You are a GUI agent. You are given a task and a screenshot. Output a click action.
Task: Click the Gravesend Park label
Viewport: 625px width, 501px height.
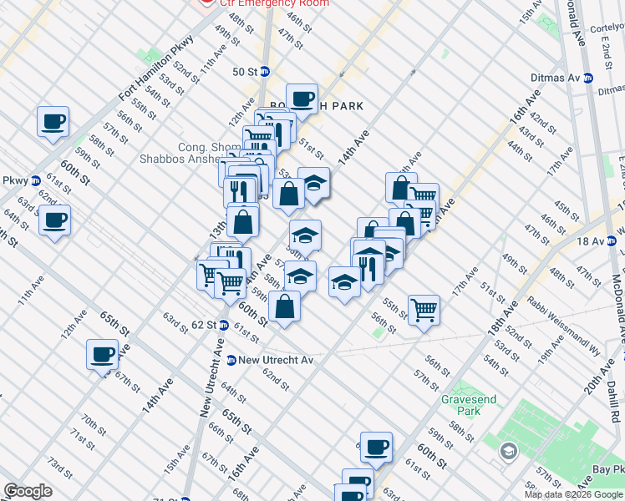click(x=468, y=405)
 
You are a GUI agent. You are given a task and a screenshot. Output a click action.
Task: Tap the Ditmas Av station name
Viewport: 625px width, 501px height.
click(x=555, y=78)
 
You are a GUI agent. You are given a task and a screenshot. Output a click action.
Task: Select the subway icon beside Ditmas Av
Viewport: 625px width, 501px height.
click(x=587, y=78)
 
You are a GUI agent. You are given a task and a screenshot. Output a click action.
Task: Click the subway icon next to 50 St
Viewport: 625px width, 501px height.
click(x=265, y=72)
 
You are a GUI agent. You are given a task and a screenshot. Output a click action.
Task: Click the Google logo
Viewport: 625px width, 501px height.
click(x=28, y=491)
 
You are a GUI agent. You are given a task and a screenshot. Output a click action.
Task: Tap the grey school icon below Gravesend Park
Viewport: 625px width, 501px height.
click(x=508, y=452)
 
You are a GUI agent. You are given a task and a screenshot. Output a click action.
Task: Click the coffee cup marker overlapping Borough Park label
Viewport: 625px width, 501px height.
click(x=302, y=99)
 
